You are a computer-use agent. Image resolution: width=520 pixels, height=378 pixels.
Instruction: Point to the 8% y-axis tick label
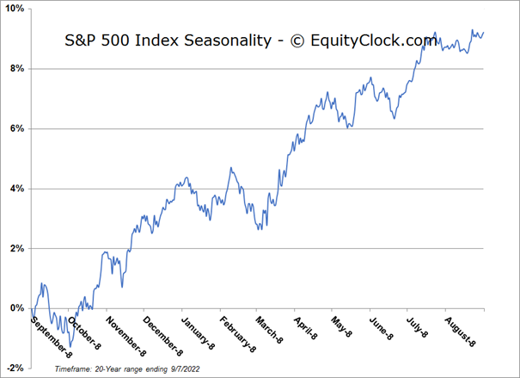pyautogui.click(x=16, y=69)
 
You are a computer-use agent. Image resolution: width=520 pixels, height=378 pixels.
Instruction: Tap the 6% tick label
pyautogui.click(x=16, y=128)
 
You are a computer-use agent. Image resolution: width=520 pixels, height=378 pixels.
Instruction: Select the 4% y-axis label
pyautogui.click(x=16, y=189)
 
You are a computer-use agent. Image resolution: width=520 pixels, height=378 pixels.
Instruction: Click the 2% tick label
pyautogui.click(x=16, y=248)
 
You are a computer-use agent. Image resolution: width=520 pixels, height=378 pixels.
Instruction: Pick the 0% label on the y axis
pyautogui.click(x=16, y=308)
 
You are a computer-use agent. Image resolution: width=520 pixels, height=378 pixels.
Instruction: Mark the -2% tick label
pyautogui.click(x=15, y=368)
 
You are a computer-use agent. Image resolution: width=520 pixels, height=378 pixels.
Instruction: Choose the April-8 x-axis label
pyautogui.click(x=304, y=328)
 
